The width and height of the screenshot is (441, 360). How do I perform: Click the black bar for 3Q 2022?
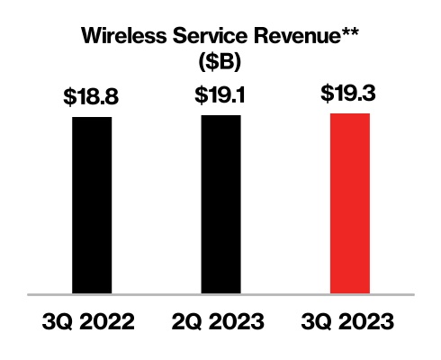(92, 204)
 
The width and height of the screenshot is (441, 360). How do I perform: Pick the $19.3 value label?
(350, 94)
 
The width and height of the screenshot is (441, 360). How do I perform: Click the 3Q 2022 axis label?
(92, 321)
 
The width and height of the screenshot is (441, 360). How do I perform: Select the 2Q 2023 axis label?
(220, 321)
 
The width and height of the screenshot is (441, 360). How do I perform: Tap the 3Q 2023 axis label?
(350, 321)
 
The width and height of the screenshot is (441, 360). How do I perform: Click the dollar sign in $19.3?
(328, 94)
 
